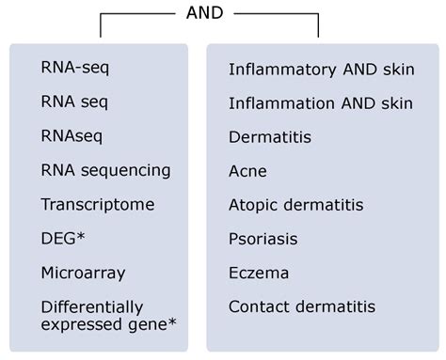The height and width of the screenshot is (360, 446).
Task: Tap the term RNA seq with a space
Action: pyautogui.click(x=72, y=102)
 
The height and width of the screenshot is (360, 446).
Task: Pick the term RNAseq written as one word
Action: pyautogui.click(x=70, y=136)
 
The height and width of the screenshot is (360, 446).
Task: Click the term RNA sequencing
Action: pyautogui.click(x=105, y=170)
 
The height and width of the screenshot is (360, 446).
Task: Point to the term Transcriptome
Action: pyautogui.click(x=97, y=204)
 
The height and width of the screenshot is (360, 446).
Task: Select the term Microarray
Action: pyautogui.click(x=83, y=273)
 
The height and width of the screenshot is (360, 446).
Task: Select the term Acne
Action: pyautogui.click(x=247, y=171)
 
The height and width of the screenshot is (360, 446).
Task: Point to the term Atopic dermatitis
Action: pyautogui.click(x=295, y=205)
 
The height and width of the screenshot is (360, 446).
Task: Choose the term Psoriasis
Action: pyautogui.click(x=264, y=239)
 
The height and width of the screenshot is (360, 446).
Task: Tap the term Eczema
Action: pyautogui.click(x=259, y=273)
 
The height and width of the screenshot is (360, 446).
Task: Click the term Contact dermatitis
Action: pyautogui.click(x=301, y=306)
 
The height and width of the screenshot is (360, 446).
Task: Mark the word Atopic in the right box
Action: pyautogui.click(x=252, y=205)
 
